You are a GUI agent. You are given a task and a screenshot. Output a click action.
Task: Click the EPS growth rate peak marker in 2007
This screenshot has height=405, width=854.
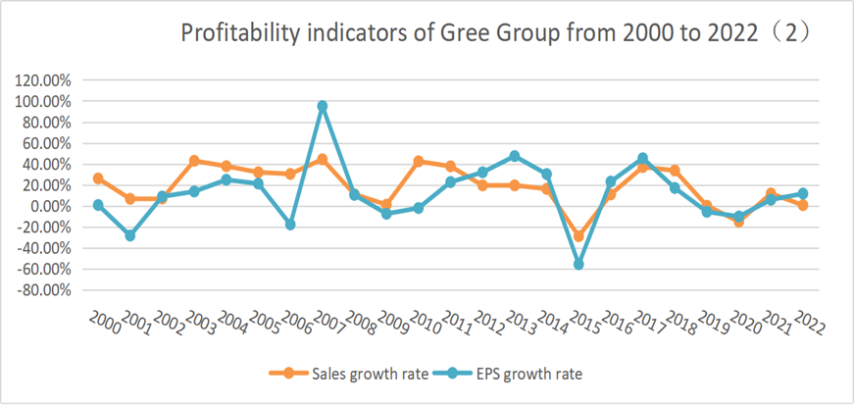point(323,106)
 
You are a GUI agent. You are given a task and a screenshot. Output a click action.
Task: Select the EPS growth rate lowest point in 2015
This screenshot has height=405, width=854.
point(578,265)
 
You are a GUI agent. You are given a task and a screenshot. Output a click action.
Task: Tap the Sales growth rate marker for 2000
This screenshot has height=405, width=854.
point(98,178)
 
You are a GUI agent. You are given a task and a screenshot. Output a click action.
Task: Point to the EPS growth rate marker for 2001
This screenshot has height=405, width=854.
point(130,236)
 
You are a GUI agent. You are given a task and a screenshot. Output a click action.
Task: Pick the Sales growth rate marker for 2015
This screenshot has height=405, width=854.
point(578,236)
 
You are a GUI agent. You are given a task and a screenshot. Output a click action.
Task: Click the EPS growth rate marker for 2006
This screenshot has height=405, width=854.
point(290,225)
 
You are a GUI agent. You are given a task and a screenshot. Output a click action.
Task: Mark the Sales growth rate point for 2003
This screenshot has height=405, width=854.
point(194,161)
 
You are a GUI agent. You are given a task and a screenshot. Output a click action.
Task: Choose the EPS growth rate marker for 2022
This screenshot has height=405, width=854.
point(802,193)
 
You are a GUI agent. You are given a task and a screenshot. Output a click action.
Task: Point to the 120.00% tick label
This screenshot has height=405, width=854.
point(43,80)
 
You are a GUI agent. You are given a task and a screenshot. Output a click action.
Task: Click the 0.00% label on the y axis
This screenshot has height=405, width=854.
point(50,207)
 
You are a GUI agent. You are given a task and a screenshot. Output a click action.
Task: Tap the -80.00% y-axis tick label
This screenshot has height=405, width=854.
point(44,291)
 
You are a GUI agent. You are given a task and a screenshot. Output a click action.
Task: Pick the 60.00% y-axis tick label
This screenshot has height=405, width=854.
point(47,144)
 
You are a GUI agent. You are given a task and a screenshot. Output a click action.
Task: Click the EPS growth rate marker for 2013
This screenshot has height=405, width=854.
point(515,156)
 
